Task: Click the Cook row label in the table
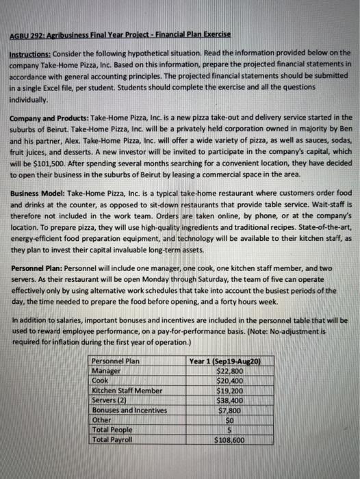100,380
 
